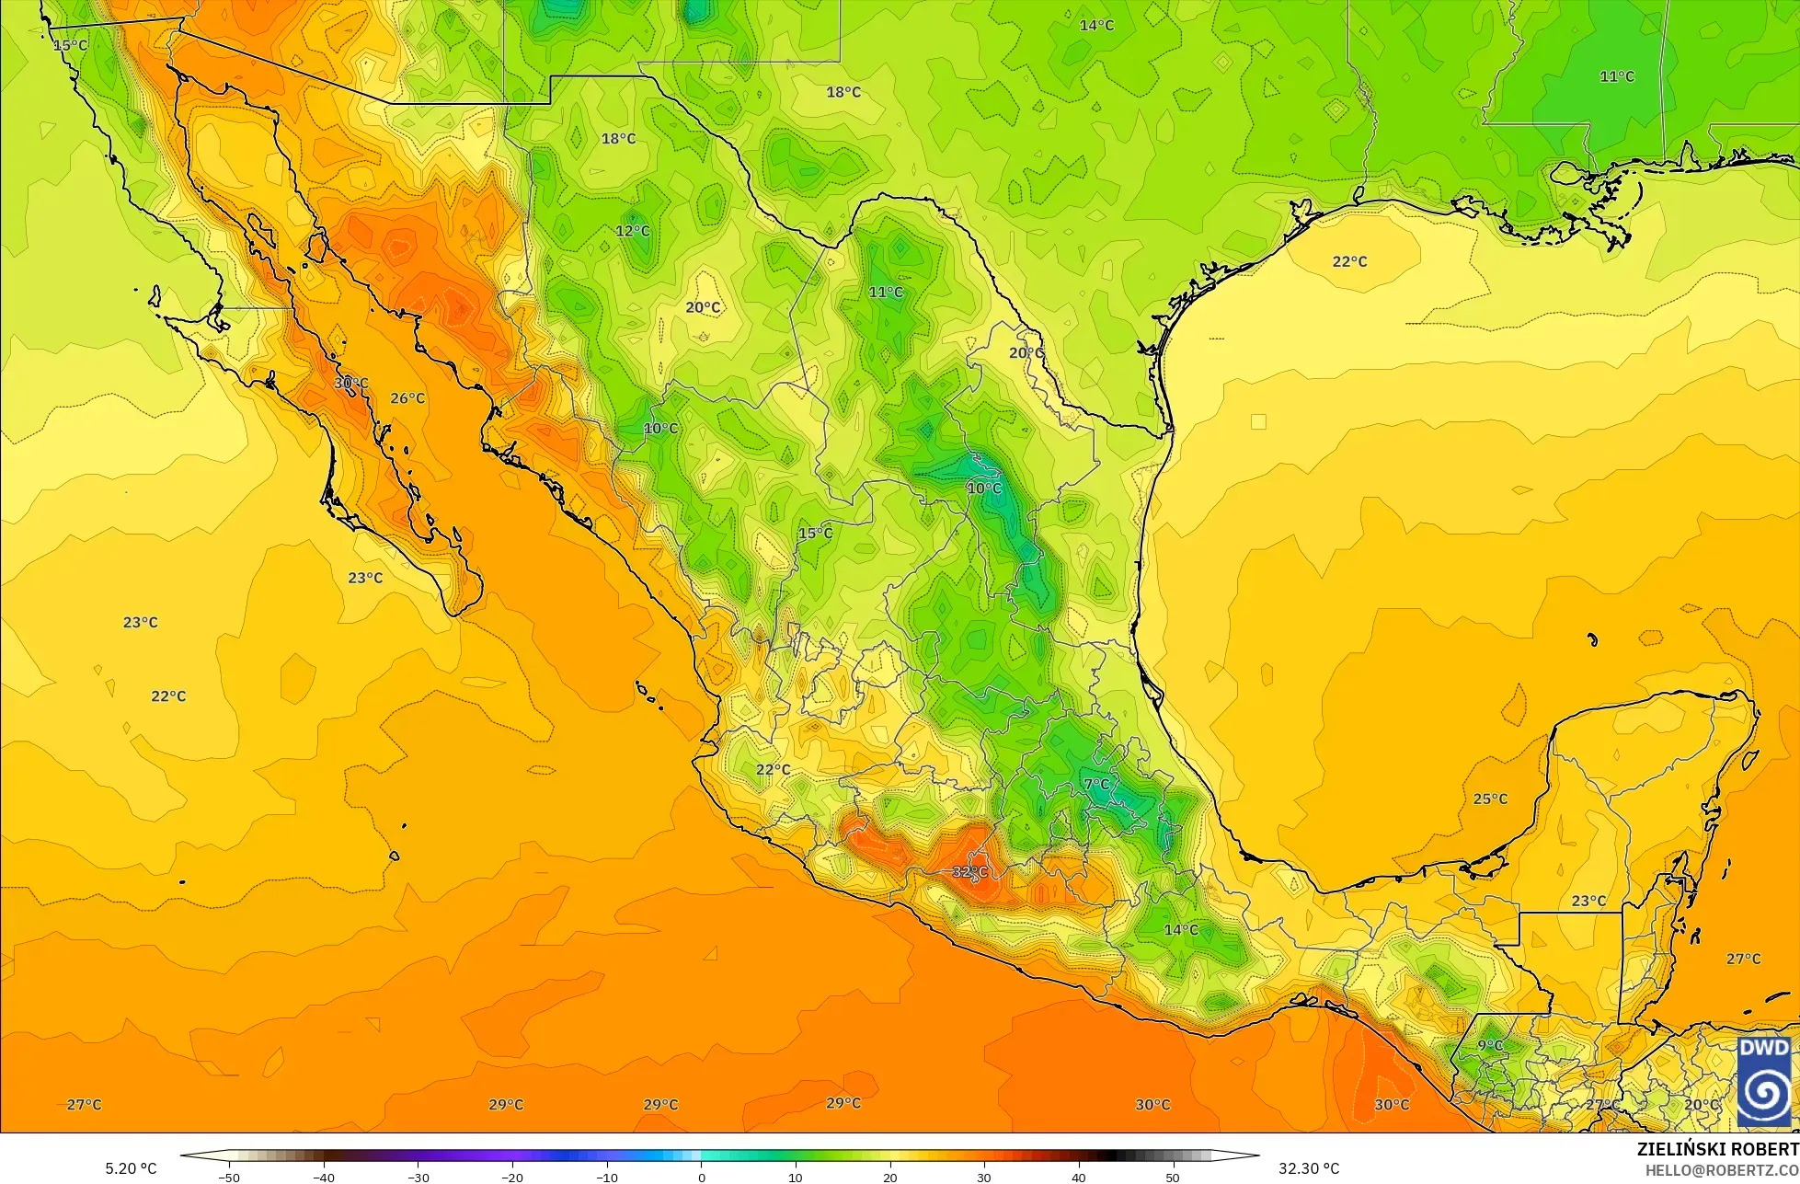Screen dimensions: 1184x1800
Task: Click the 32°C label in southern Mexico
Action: pos(969,871)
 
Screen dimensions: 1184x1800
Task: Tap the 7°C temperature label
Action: pos(1096,784)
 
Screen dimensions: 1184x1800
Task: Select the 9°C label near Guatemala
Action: pos(1490,1045)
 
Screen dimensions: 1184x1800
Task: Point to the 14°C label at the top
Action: pos(1096,25)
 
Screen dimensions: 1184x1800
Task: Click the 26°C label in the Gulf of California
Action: pos(407,398)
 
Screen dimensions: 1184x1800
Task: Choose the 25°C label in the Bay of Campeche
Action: pos(1490,799)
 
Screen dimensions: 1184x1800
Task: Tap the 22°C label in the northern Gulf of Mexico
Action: pos(1349,261)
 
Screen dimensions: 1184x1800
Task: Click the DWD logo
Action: pos(1764,1083)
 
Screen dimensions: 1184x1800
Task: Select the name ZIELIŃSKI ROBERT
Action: pos(1717,1149)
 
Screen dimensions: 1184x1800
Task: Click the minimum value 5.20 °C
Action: pos(131,1168)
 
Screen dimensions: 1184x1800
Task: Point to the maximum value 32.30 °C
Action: pos(1309,1168)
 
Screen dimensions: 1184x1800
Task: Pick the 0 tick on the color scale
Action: pos(701,1177)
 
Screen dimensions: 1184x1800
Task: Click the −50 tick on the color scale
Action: pos(228,1177)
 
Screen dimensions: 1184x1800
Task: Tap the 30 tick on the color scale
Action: pos(984,1177)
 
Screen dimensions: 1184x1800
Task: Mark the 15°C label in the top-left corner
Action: pos(70,45)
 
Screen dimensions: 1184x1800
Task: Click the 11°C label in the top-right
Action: pos(1616,76)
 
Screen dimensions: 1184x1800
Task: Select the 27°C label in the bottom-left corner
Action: pos(84,1104)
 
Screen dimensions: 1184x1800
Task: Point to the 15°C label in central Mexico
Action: pos(815,533)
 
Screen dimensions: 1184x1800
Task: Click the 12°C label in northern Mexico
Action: pos(633,230)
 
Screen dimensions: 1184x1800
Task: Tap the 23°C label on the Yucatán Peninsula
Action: pos(1588,901)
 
